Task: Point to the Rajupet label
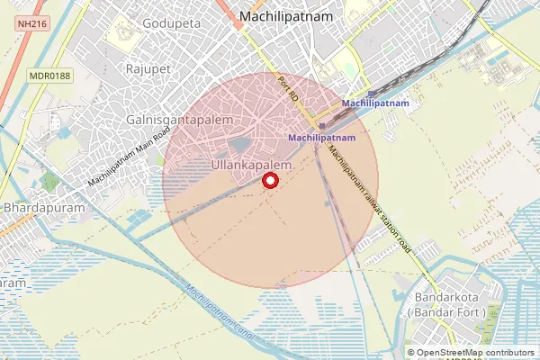(x=148, y=68)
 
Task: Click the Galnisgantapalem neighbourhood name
(x=180, y=120)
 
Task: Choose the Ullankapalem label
(x=251, y=166)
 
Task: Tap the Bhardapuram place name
(x=44, y=207)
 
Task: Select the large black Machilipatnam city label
(x=285, y=16)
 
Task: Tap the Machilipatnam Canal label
(x=225, y=317)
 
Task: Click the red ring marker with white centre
(x=269, y=181)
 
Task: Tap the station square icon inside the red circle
(x=321, y=126)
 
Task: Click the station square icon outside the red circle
(x=371, y=94)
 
